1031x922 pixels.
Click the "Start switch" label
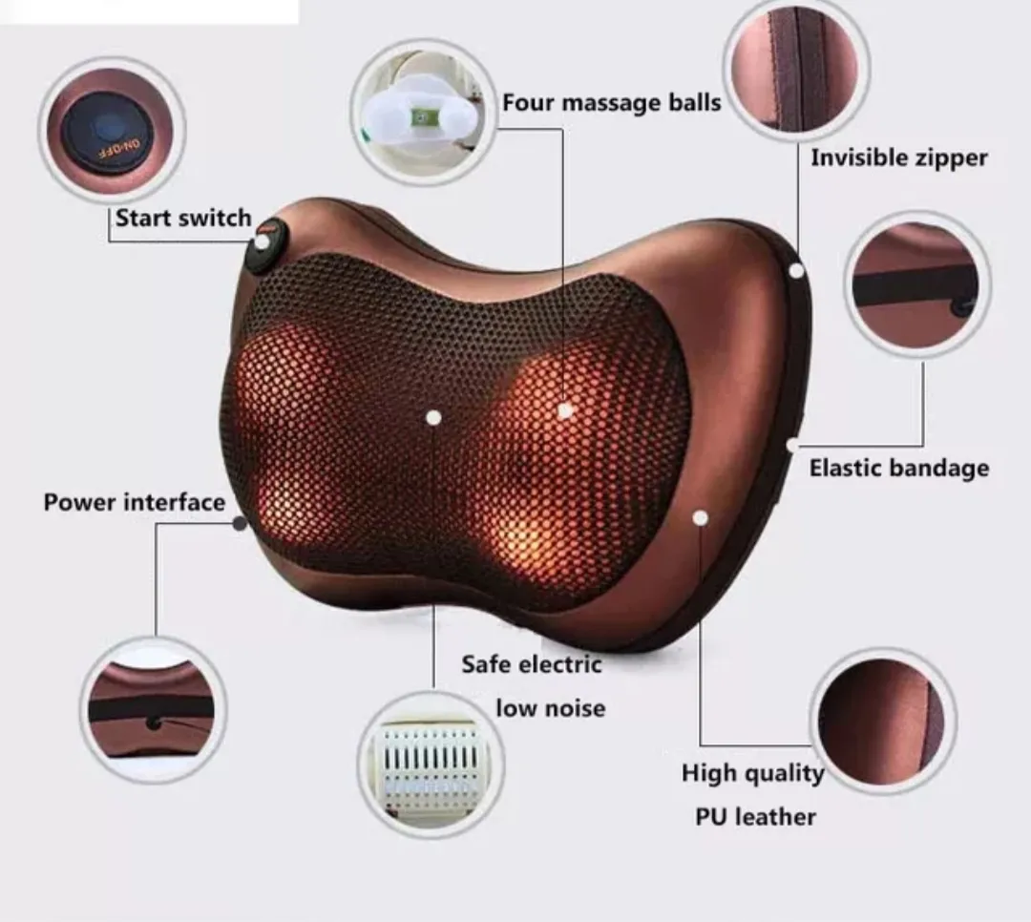click(182, 219)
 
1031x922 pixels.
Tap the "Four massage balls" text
click(612, 102)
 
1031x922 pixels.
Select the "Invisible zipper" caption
click(899, 157)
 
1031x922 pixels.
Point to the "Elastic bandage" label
click(899, 468)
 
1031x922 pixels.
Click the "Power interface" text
click(135, 502)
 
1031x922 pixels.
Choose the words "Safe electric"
click(532, 663)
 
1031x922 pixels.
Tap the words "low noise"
click(550, 708)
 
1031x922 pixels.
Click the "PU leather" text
click(755, 817)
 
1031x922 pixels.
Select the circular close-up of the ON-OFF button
click(112, 129)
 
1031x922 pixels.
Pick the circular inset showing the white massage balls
click(424, 113)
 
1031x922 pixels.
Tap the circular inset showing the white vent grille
click(431, 764)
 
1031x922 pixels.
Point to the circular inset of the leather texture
click(882, 721)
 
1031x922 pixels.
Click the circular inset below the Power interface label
click(153, 709)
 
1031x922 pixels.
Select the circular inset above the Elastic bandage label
click(917, 283)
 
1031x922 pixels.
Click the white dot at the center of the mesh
click(433, 417)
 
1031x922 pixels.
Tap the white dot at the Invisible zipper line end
click(796, 271)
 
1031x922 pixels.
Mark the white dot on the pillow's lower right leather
click(701, 517)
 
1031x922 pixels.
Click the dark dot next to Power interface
click(240, 523)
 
